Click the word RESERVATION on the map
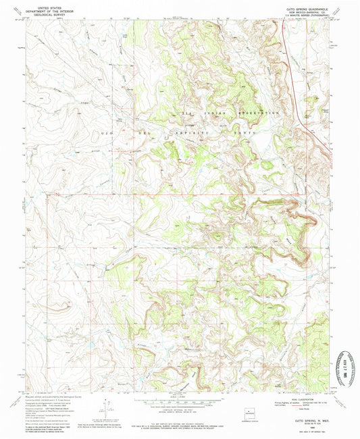click(x=258, y=113)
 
